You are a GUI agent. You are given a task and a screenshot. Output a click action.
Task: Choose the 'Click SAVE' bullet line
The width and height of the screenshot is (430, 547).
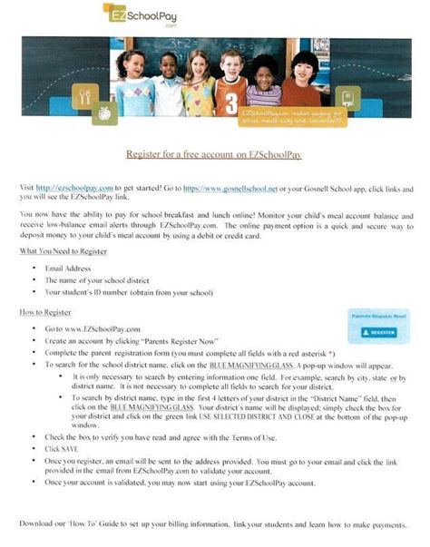pyautogui.click(x=63, y=448)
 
